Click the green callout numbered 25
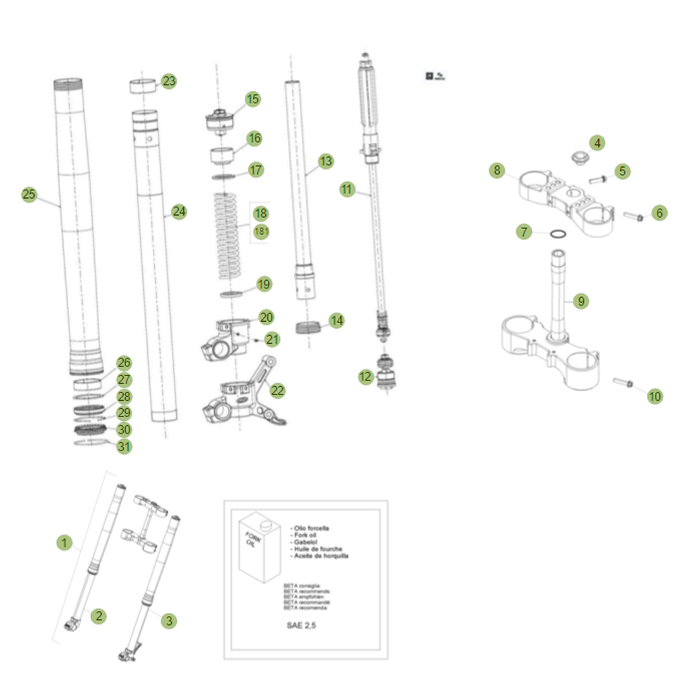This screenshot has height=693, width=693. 28,195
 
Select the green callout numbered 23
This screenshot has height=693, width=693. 168,81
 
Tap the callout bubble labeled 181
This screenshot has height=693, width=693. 261,232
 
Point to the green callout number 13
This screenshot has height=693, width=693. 325,162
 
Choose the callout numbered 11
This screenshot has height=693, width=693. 346,189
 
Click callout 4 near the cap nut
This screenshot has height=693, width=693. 598,144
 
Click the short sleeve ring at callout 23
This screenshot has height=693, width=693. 141,86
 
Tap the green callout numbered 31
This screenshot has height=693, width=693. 124,446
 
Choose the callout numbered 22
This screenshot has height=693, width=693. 277,390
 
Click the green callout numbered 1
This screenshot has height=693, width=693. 64,543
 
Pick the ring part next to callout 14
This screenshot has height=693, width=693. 309,327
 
